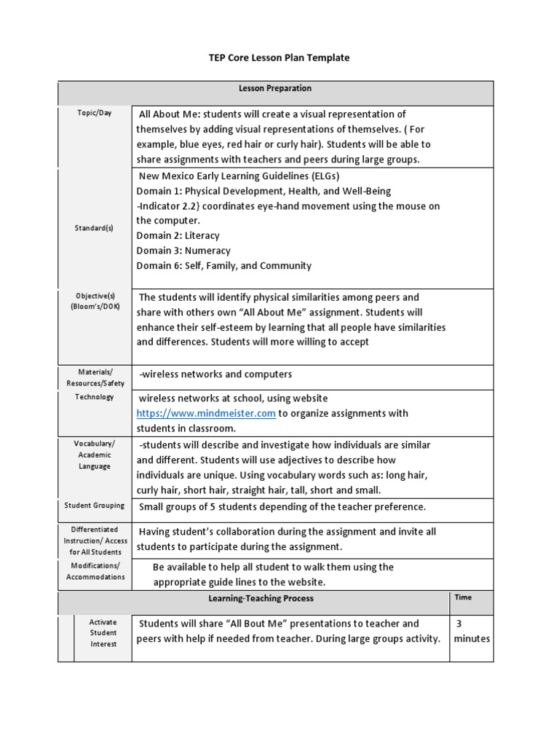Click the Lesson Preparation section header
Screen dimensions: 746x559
pos(275,88)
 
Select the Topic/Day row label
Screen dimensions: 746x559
pos(95,114)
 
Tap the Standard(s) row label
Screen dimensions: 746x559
pos(95,228)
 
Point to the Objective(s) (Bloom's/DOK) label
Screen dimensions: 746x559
pos(95,302)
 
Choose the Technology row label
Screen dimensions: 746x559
pos(95,397)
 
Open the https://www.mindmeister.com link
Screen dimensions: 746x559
pos(206,413)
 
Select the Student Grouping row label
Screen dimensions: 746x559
pos(95,506)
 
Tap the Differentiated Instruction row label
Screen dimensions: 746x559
pos(95,541)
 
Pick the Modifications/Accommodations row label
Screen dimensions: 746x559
pos(95,571)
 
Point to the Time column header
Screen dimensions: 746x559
pos(463,597)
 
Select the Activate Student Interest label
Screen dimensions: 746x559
pos(103,633)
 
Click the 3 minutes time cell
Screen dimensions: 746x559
pos(472,631)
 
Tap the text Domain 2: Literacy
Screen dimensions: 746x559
pos(178,235)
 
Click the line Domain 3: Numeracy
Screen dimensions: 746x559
pos(183,251)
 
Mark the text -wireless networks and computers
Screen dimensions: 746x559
pos(215,374)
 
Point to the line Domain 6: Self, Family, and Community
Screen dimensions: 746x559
pos(223,266)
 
